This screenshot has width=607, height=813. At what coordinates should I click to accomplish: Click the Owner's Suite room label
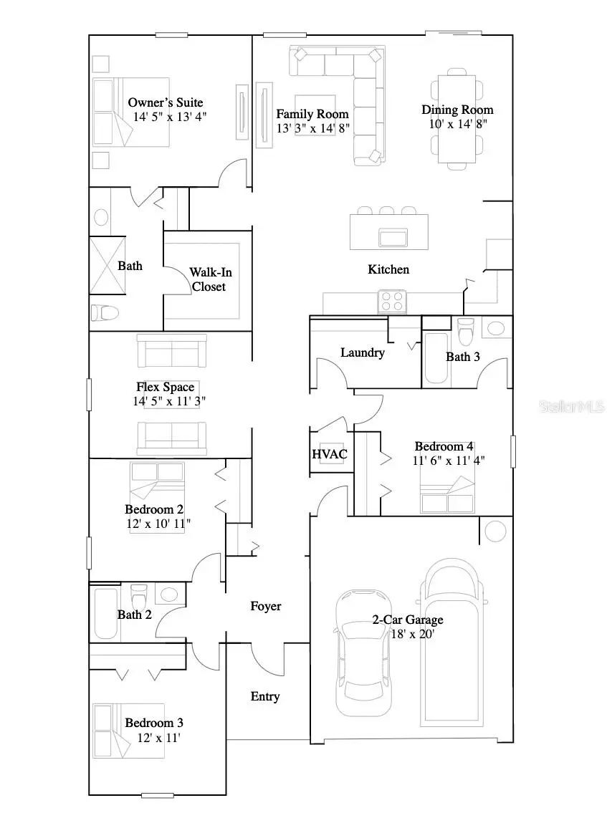(166, 102)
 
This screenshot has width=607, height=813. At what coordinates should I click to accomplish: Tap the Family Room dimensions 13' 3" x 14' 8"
(312, 128)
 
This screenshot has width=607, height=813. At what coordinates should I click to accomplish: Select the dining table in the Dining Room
(457, 119)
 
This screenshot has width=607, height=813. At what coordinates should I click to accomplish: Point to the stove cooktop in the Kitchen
(392, 301)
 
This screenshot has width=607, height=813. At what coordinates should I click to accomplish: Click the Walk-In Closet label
(210, 279)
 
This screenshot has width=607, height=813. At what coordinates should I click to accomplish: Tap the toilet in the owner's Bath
(105, 312)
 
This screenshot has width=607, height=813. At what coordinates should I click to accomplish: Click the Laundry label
(362, 352)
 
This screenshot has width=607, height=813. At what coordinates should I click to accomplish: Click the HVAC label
(330, 454)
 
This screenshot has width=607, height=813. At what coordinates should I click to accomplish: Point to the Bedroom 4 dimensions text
(449, 461)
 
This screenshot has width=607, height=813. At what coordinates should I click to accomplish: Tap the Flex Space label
(166, 387)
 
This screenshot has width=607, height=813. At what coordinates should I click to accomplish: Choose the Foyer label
(265, 606)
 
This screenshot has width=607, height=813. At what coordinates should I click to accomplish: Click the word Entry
(264, 696)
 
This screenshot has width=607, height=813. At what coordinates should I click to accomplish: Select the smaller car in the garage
(365, 652)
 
